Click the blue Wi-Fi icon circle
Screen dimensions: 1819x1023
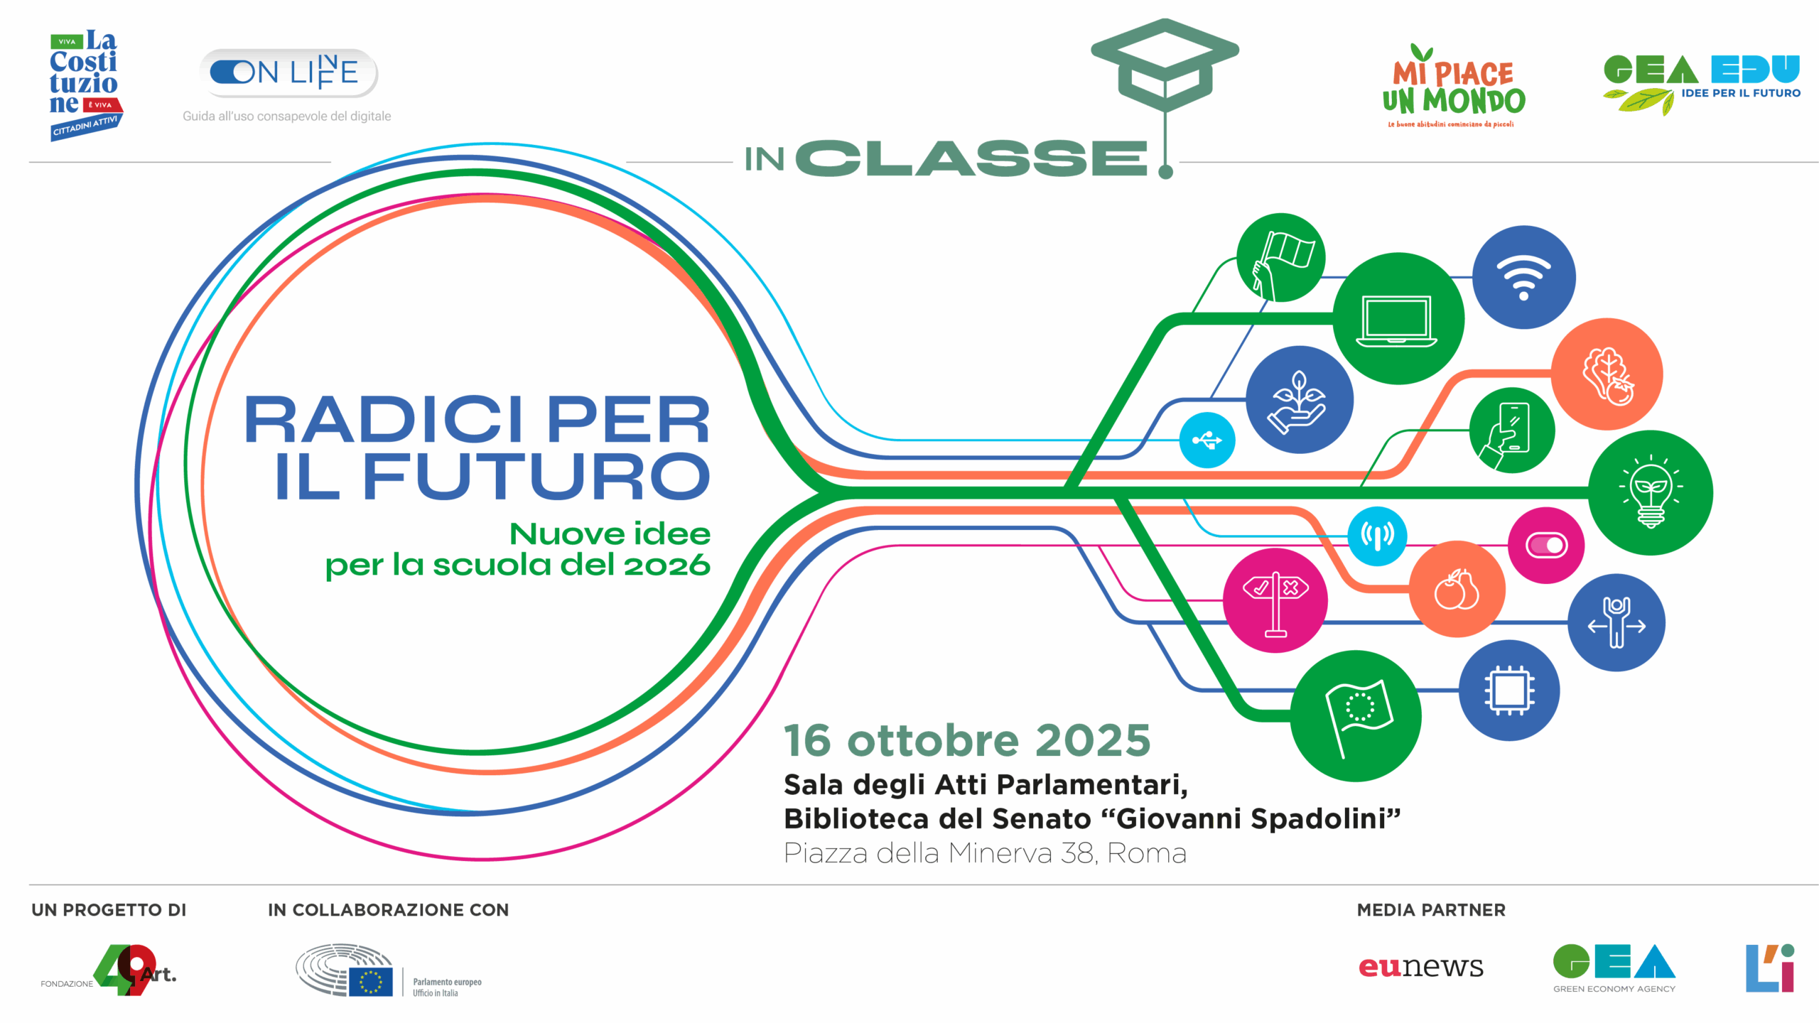point(1523,277)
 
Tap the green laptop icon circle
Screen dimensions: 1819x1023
point(1398,319)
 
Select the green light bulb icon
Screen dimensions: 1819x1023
point(1650,492)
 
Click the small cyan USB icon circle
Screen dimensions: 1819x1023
point(1207,440)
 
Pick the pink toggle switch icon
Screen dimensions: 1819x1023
point(1545,545)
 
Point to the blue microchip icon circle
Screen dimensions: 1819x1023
point(1509,690)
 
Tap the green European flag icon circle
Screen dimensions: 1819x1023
point(1355,716)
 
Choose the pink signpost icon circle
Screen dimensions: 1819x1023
point(1275,600)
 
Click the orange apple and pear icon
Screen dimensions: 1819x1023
point(1457,589)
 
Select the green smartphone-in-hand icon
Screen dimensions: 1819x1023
point(1511,430)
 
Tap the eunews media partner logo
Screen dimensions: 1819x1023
point(1420,966)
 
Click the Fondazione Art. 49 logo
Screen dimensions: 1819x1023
point(109,970)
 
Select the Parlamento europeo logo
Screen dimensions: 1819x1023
point(389,970)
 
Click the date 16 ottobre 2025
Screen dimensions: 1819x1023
point(967,740)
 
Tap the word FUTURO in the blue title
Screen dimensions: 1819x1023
point(536,476)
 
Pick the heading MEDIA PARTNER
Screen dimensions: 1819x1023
point(1431,910)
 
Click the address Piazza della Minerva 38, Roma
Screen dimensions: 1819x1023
point(985,853)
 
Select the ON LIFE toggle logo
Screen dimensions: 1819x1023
point(288,72)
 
